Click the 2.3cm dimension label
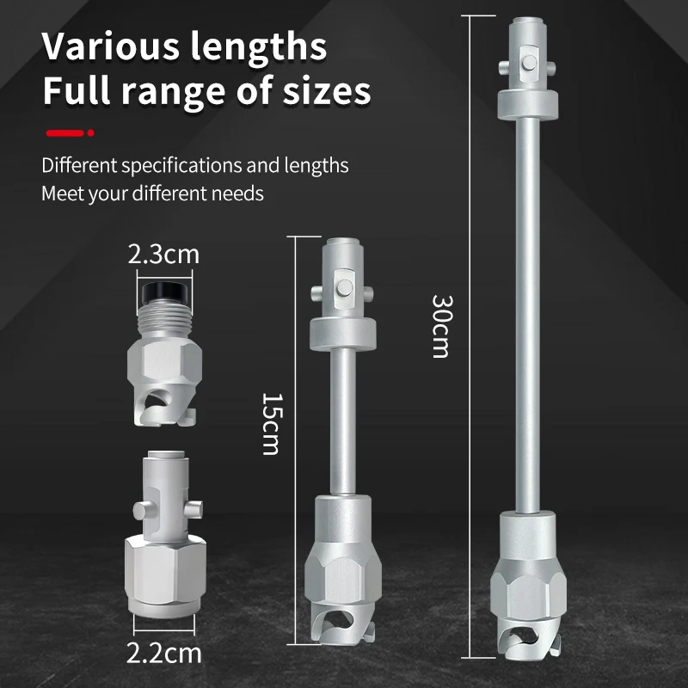(x=163, y=255)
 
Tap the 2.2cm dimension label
(x=163, y=653)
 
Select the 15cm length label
(x=272, y=424)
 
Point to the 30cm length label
(x=441, y=327)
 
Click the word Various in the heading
(x=111, y=46)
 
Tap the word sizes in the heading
(x=327, y=91)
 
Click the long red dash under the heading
(x=65, y=133)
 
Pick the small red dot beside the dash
(x=91, y=133)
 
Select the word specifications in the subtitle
(x=181, y=166)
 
